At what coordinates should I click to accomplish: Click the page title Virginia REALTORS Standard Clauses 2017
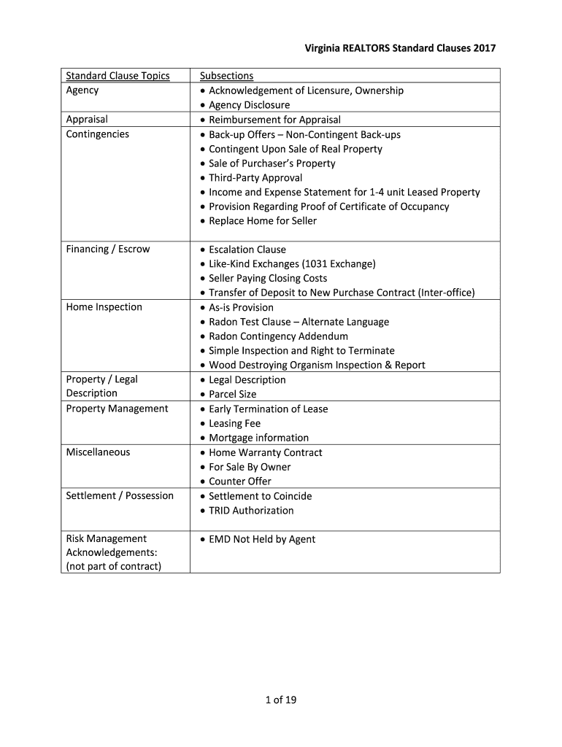400,48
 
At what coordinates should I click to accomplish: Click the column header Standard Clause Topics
118,76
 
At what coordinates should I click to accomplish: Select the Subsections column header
226,76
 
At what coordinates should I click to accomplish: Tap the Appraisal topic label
87,120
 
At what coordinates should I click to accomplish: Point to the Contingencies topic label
97,134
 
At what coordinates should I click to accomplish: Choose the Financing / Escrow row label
107,249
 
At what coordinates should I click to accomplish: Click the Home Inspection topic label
104,307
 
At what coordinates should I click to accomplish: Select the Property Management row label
117,409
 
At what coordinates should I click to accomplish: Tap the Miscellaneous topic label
98,452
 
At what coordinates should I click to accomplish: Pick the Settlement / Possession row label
120,496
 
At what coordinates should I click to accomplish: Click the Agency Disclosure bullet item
249,105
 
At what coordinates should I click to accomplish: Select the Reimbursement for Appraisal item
274,120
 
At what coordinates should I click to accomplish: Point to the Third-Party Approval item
255,178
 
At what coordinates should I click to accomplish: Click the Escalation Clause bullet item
247,249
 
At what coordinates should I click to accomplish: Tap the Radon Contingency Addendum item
278,336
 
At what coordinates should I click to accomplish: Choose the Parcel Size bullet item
232,394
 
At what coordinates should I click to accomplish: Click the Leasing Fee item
234,423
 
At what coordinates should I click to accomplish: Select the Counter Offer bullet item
239,481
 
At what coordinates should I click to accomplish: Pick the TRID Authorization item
251,511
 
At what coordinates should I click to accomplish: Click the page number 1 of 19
281,700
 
